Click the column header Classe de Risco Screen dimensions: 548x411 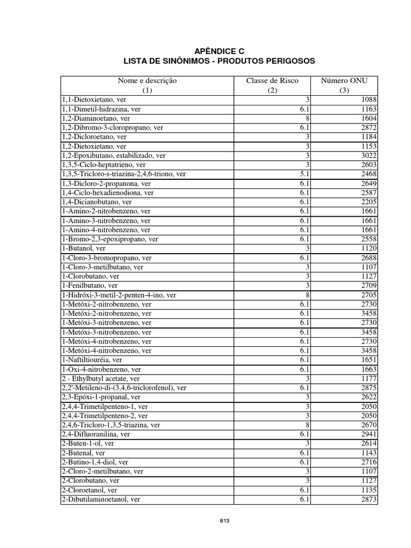click(x=272, y=81)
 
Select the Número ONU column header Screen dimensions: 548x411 click(x=344, y=81)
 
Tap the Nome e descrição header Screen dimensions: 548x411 click(x=147, y=81)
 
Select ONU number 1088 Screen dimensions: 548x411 click(x=369, y=100)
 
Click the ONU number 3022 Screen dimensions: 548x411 click(x=369, y=156)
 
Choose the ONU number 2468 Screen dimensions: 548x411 click(x=369, y=174)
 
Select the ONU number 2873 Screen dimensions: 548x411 click(x=369, y=499)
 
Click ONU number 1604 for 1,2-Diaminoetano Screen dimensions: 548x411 click(x=369, y=118)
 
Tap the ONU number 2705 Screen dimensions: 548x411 click(x=369, y=295)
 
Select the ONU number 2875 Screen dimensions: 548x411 click(x=369, y=387)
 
